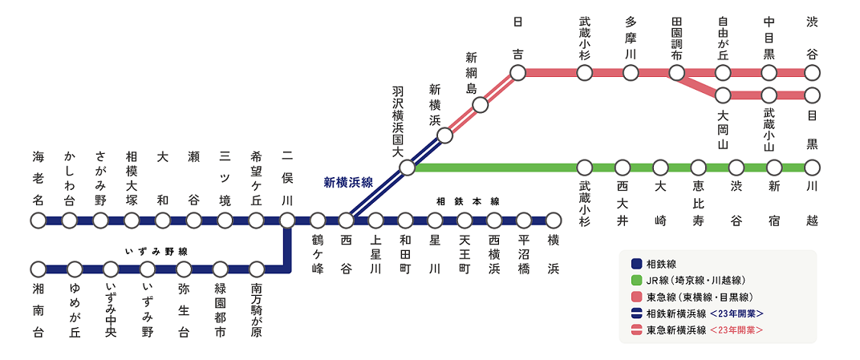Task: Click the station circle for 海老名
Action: (x=38, y=220)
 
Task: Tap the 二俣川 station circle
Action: (x=287, y=220)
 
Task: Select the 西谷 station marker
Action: (x=346, y=220)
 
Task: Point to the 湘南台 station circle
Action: (x=38, y=269)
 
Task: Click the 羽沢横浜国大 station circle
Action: (x=407, y=168)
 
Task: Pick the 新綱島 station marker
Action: (x=481, y=104)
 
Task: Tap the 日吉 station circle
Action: (x=517, y=73)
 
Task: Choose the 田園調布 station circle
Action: (x=677, y=73)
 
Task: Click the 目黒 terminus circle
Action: (x=813, y=95)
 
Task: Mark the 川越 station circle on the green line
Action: (x=813, y=168)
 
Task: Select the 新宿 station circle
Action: (x=774, y=168)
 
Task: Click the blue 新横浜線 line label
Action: (x=348, y=182)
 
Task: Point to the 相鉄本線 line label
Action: (x=468, y=201)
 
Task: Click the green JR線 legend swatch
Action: (x=636, y=280)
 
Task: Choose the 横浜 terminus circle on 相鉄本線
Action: (x=554, y=220)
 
